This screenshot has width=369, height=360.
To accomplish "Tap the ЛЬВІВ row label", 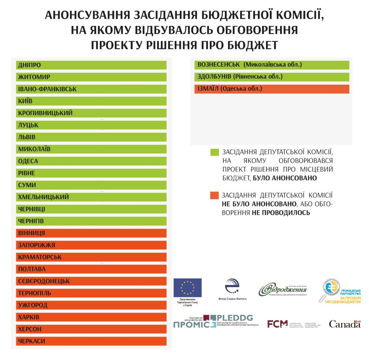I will (x=27, y=137).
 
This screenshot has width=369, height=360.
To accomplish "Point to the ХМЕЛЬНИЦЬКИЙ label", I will (x=43, y=197).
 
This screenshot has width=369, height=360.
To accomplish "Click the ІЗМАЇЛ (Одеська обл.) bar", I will (x=272, y=89).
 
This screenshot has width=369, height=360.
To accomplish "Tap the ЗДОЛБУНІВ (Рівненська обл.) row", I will (x=272, y=77).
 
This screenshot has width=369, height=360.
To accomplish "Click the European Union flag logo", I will (x=187, y=288).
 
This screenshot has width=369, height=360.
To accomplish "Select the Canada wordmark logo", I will (x=344, y=324).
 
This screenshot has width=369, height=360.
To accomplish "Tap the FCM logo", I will (x=277, y=324).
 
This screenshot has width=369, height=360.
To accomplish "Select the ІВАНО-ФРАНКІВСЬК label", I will (x=47, y=89).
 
